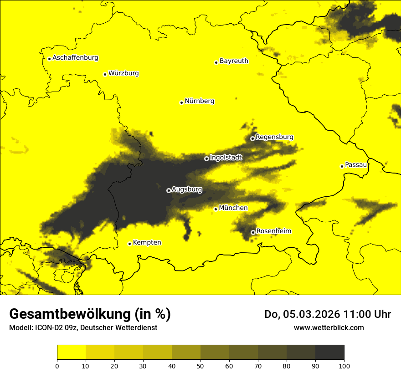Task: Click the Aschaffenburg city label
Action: tap(75, 58)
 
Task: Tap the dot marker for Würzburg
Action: tap(105, 74)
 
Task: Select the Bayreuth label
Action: tap(234, 61)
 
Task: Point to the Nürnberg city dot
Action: tap(181, 102)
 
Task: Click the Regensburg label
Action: tap(274, 137)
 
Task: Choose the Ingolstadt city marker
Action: tap(206, 158)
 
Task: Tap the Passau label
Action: tap(356, 165)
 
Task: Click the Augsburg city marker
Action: tap(169, 190)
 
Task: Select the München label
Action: tap(233, 208)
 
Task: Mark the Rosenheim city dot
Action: tap(253, 232)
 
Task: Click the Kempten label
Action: tap(147, 242)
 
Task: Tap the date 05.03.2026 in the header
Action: tap(311, 314)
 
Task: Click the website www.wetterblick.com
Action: tap(329, 327)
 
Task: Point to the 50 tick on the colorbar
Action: tap(200, 365)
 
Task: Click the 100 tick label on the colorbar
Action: tap(344, 365)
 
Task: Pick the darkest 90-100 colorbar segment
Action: tap(329, 352)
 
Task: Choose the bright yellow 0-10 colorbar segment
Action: tap(71, 352)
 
